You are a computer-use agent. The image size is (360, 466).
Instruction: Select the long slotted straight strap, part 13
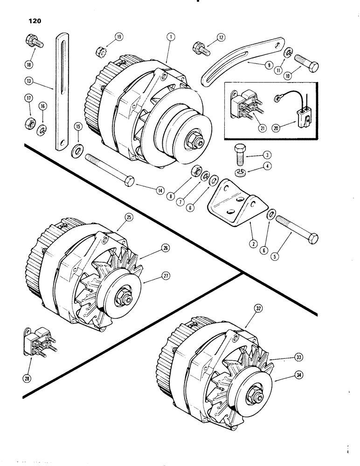61,89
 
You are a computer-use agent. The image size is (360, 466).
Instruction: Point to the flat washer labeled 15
77,151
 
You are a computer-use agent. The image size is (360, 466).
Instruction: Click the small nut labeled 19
99,49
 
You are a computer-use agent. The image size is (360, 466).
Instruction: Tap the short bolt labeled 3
239,152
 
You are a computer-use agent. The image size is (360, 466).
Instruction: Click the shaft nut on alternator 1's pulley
192,139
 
